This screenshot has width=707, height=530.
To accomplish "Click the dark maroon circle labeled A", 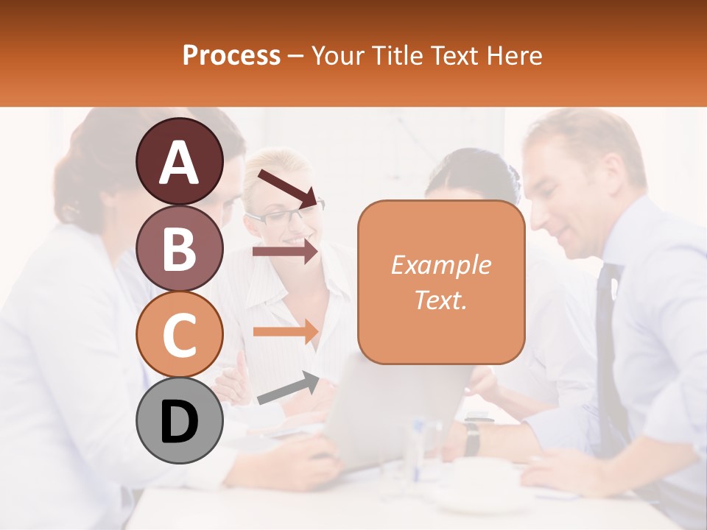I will (180, 162).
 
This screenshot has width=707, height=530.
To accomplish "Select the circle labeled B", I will (180, 249).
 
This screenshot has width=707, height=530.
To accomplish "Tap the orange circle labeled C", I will (180, 335).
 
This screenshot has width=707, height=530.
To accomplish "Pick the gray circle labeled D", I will (180, 421).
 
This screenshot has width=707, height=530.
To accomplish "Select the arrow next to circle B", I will (285, 252).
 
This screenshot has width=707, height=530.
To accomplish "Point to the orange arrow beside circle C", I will (285, 331).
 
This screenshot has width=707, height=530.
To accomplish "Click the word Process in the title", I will (231, 55).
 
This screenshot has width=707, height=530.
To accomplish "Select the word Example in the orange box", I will (440, 265).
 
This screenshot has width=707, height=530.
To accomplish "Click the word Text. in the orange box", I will (440, 300).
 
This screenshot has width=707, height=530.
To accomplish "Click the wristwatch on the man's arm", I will (472, 437).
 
